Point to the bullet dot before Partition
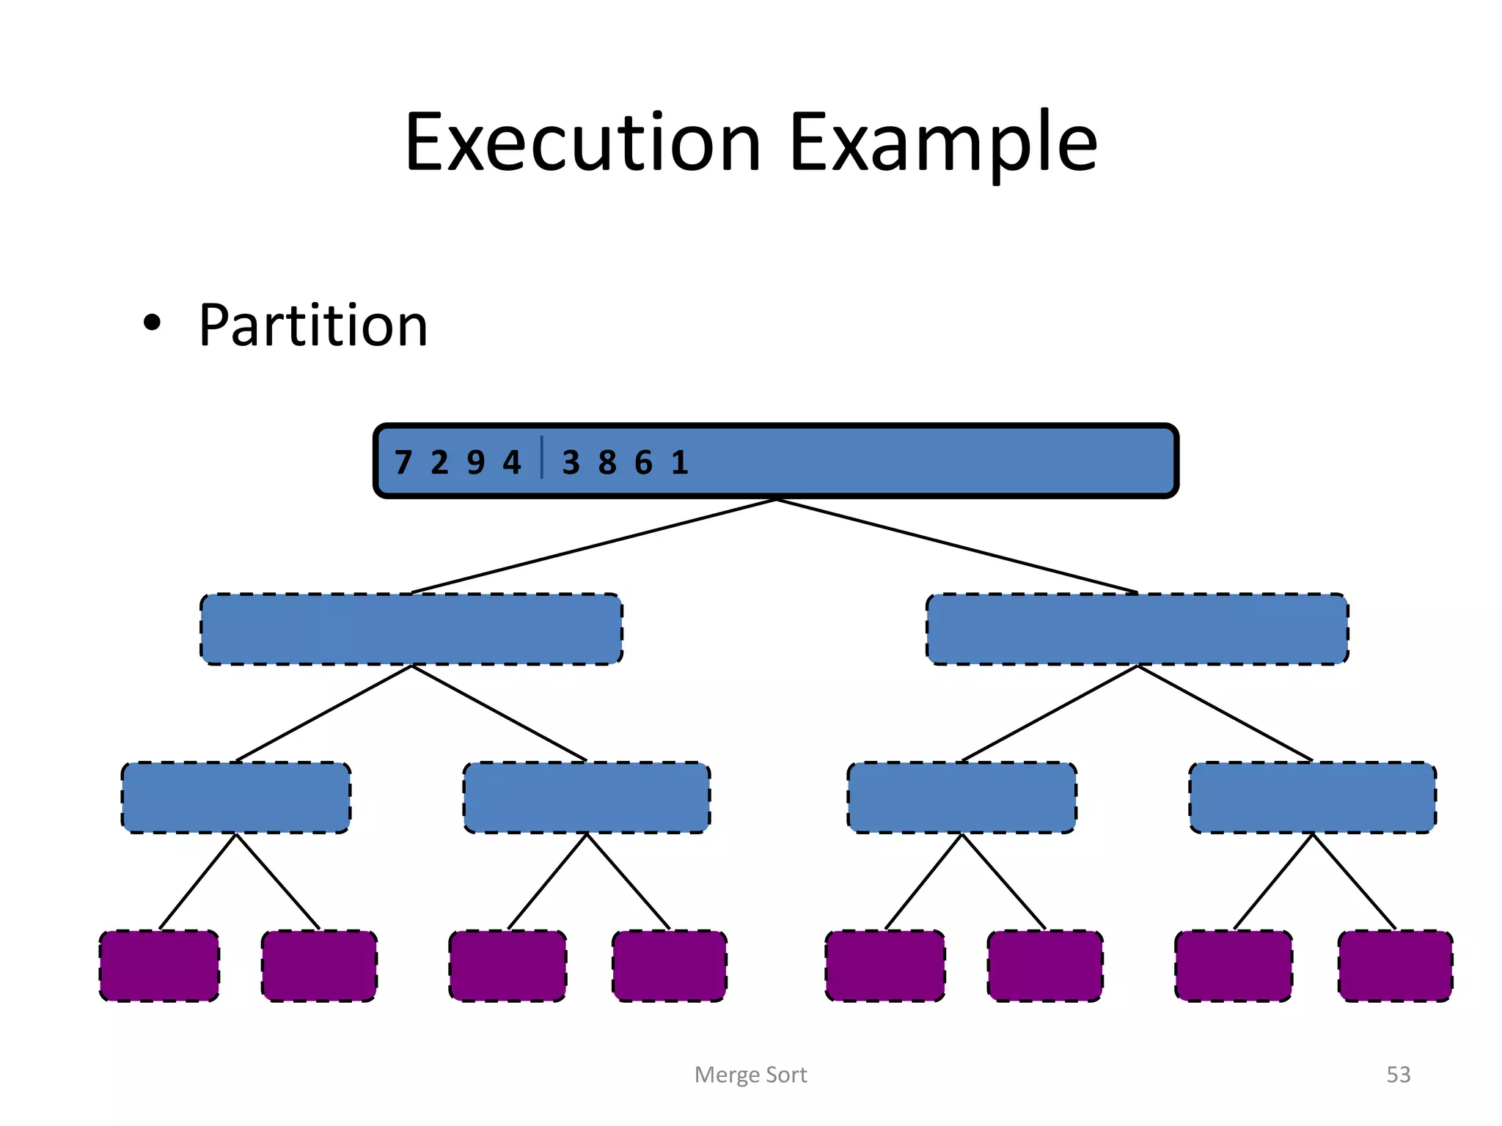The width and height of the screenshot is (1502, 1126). click(152, 323)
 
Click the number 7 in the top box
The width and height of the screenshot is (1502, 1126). click(403, 463)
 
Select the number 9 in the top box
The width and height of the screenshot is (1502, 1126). click(475, 463)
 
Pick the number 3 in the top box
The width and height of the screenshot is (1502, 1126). click(571, 463)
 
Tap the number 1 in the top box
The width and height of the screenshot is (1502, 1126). click(680, 463)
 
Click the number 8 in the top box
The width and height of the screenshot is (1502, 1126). click(607, 463)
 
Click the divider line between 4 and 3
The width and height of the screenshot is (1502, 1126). click(542, 457)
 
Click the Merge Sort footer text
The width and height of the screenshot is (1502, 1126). click(750, 1075)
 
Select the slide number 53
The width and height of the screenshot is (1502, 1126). click(1398, 1075)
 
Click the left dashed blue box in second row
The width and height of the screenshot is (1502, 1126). click(411, 629)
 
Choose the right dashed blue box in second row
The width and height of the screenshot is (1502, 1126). click(1137, 629)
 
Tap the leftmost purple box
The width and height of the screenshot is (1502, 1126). click(159, 965)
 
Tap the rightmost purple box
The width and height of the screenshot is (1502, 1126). click(1395, 965)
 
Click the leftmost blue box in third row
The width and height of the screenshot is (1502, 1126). click(236, 798)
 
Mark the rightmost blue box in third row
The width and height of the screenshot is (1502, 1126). click(1312, 798)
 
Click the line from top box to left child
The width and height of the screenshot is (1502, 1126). click(594, 546)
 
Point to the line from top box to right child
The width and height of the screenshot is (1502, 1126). click(957, 546)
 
